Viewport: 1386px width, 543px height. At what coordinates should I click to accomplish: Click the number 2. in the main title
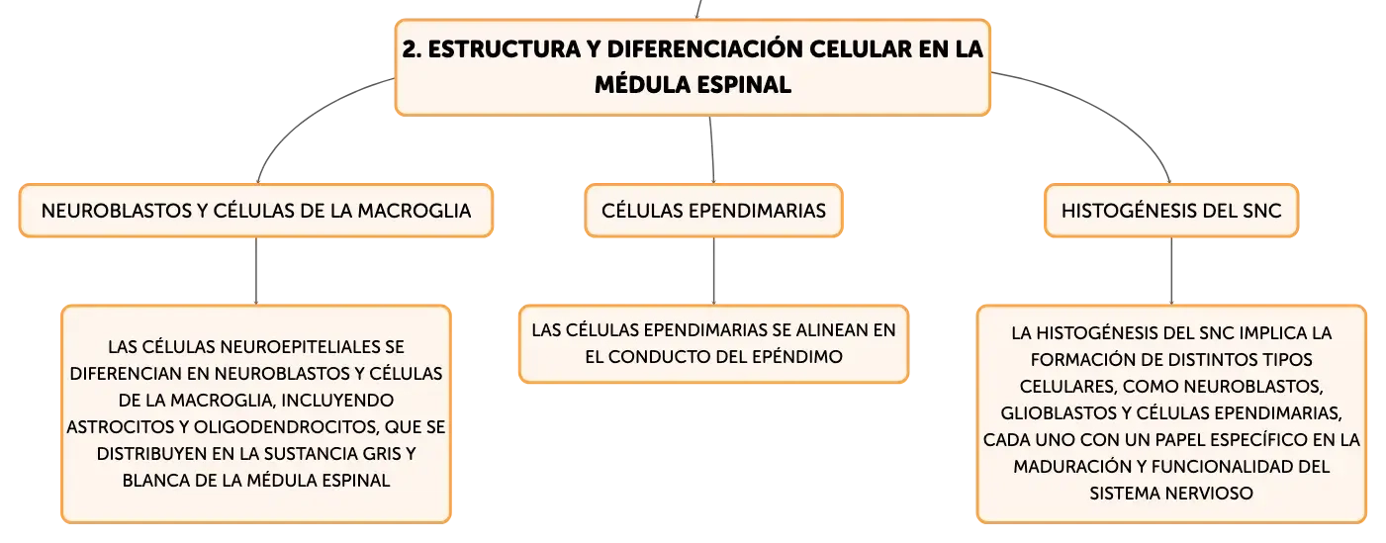(x=413, y=49)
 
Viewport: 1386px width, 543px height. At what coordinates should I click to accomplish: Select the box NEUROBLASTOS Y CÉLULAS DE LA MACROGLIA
(x=256, y=211)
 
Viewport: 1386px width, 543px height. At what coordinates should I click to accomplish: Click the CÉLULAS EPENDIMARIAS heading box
(x=713, y=211)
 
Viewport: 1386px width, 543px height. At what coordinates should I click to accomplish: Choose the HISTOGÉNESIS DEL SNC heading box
(x=1171, y=211)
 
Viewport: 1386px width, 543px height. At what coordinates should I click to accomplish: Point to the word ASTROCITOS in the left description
(x=121, y=426)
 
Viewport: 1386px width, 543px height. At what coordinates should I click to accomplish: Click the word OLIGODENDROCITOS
(x=287, y=426)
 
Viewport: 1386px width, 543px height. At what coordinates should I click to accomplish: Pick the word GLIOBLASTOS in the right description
(x=1060, y=413)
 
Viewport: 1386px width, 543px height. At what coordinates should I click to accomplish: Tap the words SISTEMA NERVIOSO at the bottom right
(x=1171, y=493)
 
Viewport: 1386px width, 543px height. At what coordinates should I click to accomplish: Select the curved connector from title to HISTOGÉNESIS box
(x=1107, y=112)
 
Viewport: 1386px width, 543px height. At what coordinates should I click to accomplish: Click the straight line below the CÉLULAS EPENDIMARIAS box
(x=713, y=271)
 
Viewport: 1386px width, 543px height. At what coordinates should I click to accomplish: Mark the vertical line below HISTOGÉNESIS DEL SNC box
(x=1171, y=271)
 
